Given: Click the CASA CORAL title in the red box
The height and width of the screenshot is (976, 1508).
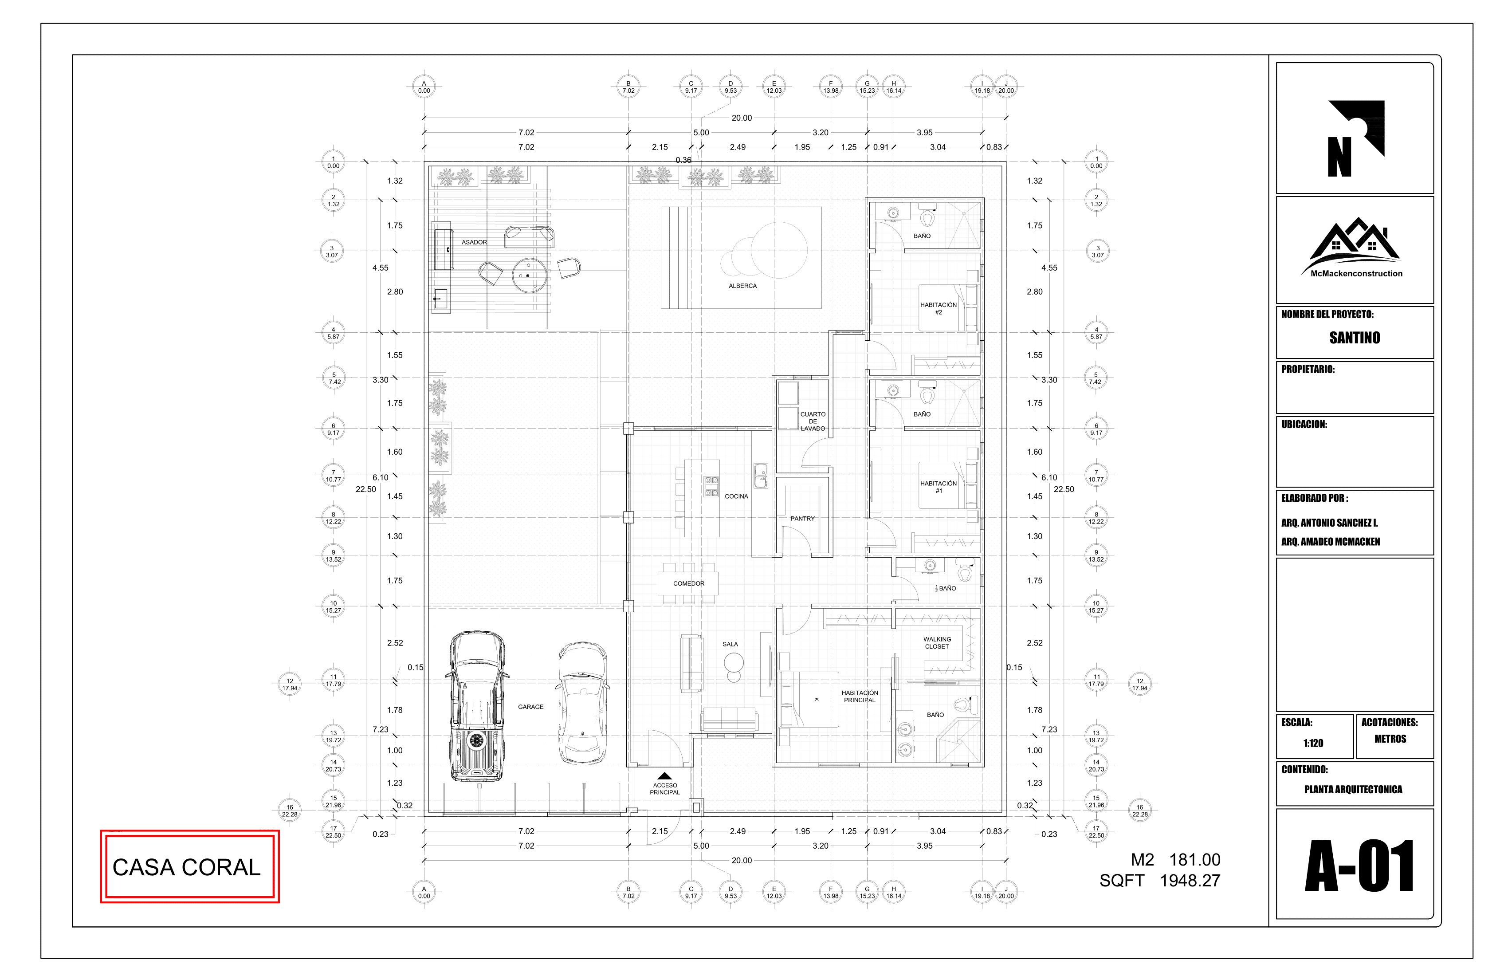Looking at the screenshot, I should (x=186, y=867).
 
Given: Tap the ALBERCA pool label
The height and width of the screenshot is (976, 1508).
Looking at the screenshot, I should (x=742, y=286).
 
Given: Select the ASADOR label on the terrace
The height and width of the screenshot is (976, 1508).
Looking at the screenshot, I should (x=474, y=242).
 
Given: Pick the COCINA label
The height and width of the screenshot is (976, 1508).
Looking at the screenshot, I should (x=736, y=496).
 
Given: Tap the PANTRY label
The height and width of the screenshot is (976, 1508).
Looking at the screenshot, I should (x=802, y=519).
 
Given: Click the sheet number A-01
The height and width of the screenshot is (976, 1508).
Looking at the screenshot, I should (x=1359, y=866).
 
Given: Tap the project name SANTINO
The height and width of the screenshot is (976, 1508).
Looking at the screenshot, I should (x=1354, y=338).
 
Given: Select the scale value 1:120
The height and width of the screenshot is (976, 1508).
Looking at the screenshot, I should (x=1313, y=744).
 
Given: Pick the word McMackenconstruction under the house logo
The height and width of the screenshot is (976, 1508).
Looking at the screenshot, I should (x=1356, y=274).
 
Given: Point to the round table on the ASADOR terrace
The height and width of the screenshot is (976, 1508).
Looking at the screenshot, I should (x=529, y=275).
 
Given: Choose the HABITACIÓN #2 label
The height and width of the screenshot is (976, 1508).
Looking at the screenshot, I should (x=939, y=309).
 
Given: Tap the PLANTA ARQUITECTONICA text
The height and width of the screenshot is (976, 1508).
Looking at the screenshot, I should (x=1353, y=790).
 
